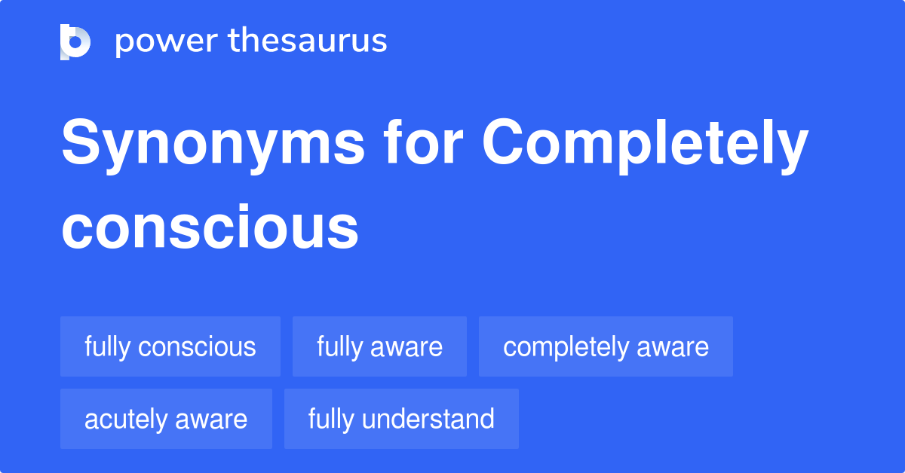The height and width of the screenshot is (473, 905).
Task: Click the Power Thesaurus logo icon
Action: [x=75, y=41]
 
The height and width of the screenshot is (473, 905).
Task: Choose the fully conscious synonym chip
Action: [x=170, y=346]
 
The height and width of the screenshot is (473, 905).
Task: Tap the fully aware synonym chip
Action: [x=379, y=346]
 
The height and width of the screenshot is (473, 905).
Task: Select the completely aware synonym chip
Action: [x=606, y=346]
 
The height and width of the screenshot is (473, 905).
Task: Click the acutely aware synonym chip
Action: [x=166, y=419]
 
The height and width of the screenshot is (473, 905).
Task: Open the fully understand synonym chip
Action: [x=401, y=419]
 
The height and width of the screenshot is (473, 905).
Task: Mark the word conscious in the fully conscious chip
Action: [x=198, y=346]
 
